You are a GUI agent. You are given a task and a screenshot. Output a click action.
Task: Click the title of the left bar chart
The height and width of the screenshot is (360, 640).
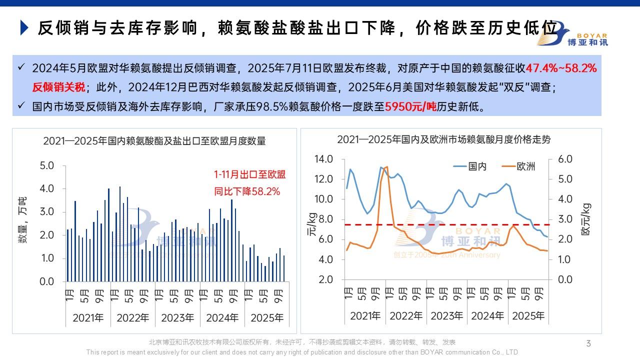(154, 141)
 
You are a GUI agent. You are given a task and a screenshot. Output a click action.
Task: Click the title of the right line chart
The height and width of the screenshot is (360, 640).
(443, 139)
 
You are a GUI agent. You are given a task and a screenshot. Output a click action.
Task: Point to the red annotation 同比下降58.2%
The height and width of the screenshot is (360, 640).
(247, 191)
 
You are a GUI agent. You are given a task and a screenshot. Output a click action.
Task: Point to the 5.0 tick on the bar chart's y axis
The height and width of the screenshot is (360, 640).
(46, 165)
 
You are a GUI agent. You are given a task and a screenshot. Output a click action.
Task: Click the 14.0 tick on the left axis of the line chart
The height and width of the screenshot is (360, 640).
(323, 159)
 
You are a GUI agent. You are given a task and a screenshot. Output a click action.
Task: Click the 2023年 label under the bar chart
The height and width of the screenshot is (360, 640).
(177, 318)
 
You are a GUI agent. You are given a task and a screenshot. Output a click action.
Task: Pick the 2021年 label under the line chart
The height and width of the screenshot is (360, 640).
(365, 316)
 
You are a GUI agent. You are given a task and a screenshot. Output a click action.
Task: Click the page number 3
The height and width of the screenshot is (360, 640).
(588, 343)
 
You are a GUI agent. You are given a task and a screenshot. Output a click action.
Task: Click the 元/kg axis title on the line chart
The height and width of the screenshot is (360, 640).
(311, 224)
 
